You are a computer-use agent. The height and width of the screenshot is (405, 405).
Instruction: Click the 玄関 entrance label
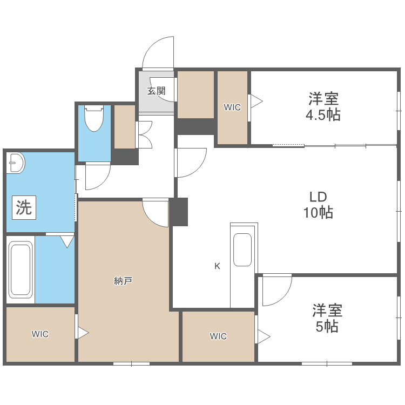[x=156, y=91]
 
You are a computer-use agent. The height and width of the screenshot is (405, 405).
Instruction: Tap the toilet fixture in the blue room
[x=94, y=119]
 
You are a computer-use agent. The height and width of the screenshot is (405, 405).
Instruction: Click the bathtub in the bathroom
[x=21, y=270]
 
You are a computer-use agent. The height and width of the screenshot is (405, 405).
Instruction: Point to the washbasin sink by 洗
[x=16, y=163]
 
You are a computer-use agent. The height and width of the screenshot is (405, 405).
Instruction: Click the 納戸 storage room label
[x=124, y=280]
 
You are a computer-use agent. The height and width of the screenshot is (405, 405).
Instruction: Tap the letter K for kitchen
[x=218, y=266]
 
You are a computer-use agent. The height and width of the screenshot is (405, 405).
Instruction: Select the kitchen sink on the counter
[x=242, y=249]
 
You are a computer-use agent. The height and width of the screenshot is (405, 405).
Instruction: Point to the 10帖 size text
[x=318, y=213]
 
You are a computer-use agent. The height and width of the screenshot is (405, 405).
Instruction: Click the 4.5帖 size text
[x=323, y=115]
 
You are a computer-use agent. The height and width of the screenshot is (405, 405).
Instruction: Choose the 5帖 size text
[x=327, y=326]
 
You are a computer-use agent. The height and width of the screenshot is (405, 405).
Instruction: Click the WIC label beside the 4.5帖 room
[x=232, y=107]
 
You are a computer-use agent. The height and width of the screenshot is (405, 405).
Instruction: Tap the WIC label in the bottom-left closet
[x=40, y=334]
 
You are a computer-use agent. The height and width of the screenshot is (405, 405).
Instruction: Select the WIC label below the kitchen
[x=218, y=336]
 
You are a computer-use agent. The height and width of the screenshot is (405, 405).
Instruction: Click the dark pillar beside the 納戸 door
[x=179, y=212]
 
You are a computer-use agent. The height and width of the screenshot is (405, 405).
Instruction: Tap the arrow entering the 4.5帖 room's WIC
[x=255, y=100]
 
